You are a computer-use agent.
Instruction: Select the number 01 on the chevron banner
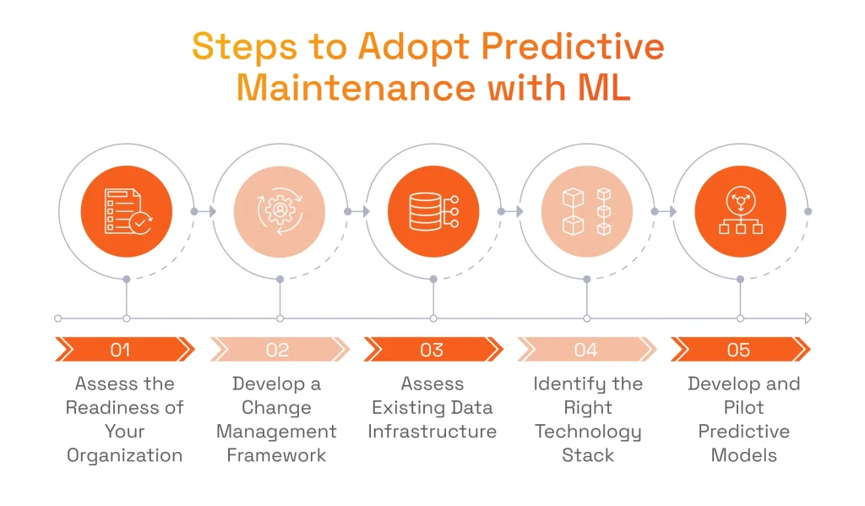(120, 350)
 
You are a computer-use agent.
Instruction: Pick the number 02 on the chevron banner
(277, 350)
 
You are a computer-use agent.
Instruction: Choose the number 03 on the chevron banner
(432, 350)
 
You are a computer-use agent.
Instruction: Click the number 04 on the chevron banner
(585, 350)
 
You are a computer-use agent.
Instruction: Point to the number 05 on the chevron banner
(738, 350)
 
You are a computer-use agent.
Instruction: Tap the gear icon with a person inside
(280, 211)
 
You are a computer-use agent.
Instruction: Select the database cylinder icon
(433, 211)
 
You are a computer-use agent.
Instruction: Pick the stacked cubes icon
(586, 212)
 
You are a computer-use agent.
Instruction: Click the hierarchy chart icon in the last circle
(740, 211)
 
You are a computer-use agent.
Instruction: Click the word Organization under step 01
(125, 456)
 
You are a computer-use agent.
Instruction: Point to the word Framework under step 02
(276, 455)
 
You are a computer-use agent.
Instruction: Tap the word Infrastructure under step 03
(432, 432)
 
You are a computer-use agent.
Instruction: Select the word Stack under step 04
(588, 455)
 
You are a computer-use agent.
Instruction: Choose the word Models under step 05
(743, 455)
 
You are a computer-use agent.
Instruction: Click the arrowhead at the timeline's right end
(808, 318)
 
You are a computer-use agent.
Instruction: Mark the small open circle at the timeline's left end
(58, 318)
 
